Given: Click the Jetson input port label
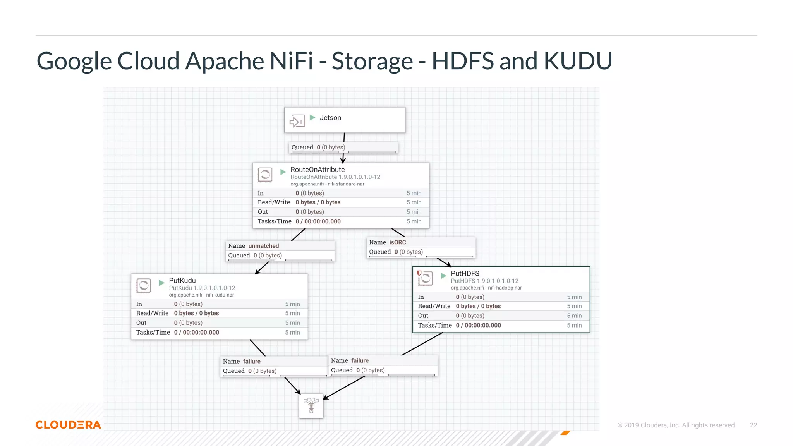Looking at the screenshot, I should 330,118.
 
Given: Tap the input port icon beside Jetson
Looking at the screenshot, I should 297,121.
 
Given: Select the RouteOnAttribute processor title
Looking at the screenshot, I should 318,170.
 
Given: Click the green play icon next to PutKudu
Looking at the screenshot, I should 162,283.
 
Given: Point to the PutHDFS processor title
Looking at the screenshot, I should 465,273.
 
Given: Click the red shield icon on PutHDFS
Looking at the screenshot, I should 419,273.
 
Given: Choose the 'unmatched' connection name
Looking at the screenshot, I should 263,246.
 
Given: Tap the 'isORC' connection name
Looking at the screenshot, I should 397,242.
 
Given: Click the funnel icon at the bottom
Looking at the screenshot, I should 311,405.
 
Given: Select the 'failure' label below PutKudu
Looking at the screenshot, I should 252,361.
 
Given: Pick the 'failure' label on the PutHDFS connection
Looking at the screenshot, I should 360,360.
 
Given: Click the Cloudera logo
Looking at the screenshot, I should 68,425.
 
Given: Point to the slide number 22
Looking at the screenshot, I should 753,425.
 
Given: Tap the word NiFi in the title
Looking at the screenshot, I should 291,61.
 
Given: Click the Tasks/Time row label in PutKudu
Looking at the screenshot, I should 153,332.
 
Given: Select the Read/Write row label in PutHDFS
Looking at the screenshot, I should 434,306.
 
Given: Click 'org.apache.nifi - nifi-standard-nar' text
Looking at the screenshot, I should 327,184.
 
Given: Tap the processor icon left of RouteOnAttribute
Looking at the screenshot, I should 265,175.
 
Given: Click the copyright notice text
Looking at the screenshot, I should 676,425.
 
